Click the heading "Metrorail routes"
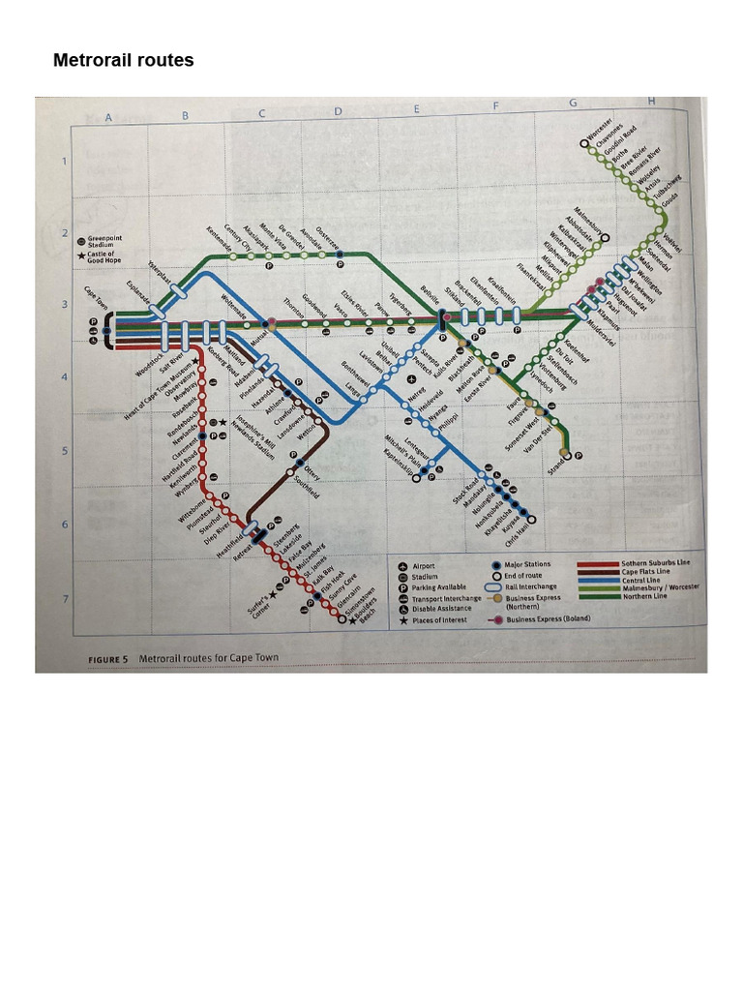click(123, 61)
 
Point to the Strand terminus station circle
click(567, 454)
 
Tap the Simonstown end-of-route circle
click(342, 620)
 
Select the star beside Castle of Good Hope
click(80, 256)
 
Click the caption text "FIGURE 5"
click(108, 659)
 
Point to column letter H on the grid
click(651, 102)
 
